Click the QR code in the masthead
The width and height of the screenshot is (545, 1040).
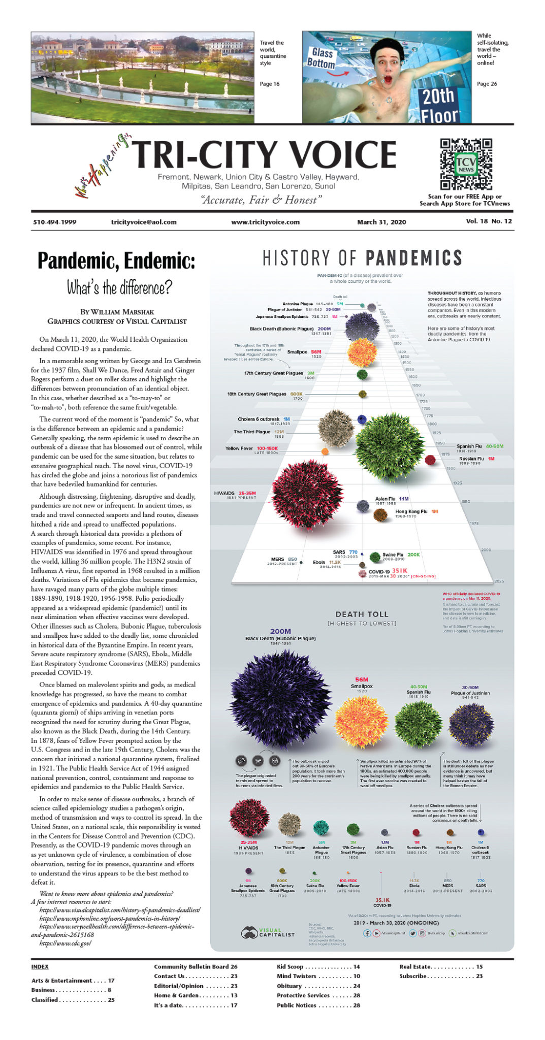click(466, 164)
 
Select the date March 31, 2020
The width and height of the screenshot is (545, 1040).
click(381, 222)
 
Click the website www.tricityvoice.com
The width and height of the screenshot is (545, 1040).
click(265, 222)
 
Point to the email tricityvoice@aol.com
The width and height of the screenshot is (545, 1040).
click(144, 222)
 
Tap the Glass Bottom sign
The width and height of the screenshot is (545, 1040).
click(322, 58)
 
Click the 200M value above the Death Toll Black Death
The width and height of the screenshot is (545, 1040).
click(280, 631)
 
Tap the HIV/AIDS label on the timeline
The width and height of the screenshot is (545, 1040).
click(225, 493)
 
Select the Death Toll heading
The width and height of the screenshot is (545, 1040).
click(362, 614)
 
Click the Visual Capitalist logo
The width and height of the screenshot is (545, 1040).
click(268, 932)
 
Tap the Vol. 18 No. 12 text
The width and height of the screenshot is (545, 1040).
click(489, 221)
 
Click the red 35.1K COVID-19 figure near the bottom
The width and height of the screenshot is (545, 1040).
click(382, 900)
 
